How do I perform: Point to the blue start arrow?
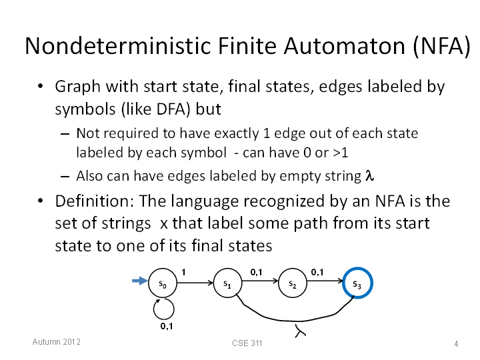(139, 281)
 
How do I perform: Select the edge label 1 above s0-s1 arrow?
(183, 272)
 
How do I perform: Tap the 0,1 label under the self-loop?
(167, 326)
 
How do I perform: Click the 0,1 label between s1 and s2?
(256, 272)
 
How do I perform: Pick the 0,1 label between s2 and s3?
(317, 272)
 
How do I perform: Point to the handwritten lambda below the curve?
(300, 331)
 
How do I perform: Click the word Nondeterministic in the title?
(118, 46)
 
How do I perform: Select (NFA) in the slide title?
(441, 47)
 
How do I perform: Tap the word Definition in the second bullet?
(94, 201)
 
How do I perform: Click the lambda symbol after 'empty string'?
(369, 176)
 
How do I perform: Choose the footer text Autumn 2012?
(56, 341)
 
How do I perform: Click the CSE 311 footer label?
(247, 343)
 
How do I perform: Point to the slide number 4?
(456, 344)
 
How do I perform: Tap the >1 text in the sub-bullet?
(341, 153)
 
